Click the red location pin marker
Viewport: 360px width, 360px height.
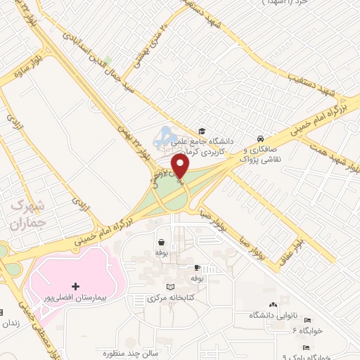click(x=180, y=166)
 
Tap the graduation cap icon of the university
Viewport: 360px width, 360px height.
click(x=202, y=131)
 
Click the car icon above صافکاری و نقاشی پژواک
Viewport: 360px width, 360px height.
click(x=261, y=139)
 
